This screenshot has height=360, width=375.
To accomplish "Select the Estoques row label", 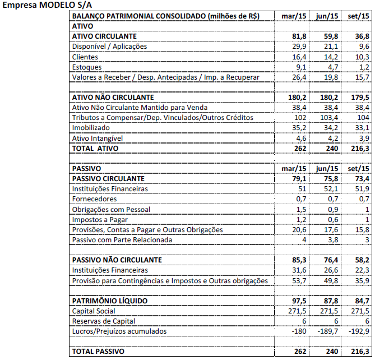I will click(x=87, y=67).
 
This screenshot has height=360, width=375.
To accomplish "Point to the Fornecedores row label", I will click(x=94, y=199).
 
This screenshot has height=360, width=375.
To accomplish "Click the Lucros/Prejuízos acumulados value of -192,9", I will click(x=358, y=331).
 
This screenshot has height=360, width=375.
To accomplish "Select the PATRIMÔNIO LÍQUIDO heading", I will click(x=110, y=301).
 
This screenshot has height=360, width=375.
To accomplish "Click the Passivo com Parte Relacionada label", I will click(x=122, y=240).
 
